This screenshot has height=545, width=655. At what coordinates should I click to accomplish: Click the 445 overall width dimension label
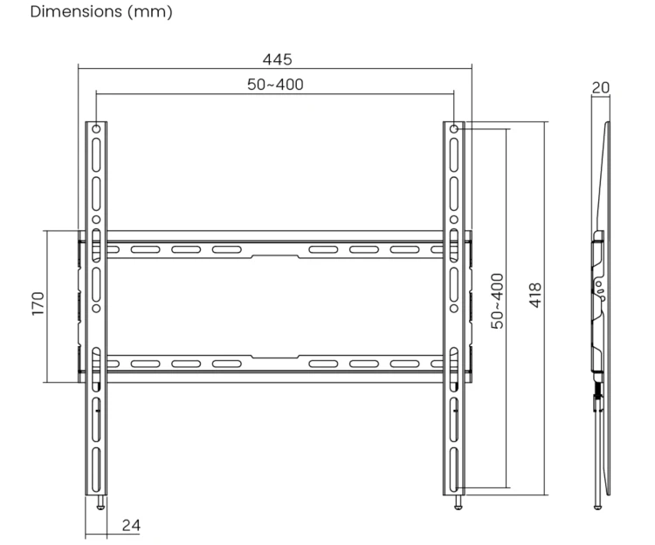pos(277,59)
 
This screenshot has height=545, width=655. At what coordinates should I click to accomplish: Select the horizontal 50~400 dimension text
pos(275,85)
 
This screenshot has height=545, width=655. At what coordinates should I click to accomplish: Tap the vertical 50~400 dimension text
pos(497,301)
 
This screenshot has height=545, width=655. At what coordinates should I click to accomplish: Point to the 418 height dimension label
pos(535,296)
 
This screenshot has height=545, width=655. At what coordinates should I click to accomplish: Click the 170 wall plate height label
pos(38,303)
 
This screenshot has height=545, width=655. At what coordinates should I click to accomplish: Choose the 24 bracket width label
pos(131,525)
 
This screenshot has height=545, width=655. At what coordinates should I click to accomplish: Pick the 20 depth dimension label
pos(601,87)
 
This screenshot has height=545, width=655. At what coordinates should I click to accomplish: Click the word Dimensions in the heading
pos(77,11)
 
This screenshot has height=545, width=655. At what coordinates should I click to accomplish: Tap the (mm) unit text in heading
pos(150,11)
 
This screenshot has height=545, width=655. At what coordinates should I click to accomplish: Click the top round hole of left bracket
pos(96,129)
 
